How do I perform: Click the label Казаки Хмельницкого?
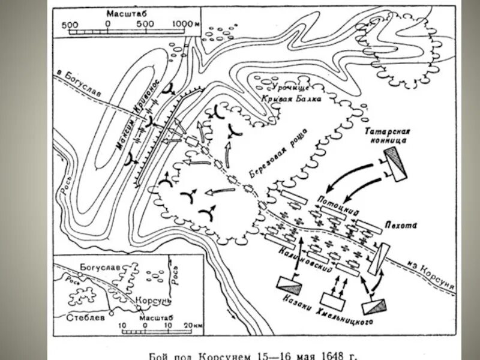coord(325,310)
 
